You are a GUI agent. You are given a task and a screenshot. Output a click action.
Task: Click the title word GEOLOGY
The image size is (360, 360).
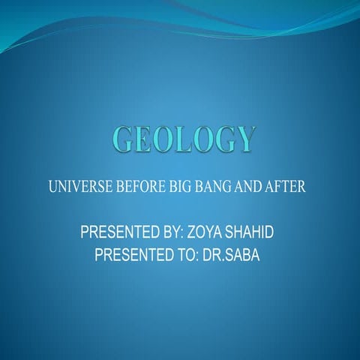click(x=184, y=139)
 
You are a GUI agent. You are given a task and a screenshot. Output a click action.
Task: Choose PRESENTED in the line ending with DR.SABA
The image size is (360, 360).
click(x=136, y=256)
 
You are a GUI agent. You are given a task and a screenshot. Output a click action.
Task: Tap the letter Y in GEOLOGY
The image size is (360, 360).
click(x=245, y=139)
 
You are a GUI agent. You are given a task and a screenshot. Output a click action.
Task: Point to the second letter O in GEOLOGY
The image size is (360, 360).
click(x=204, y=139)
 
